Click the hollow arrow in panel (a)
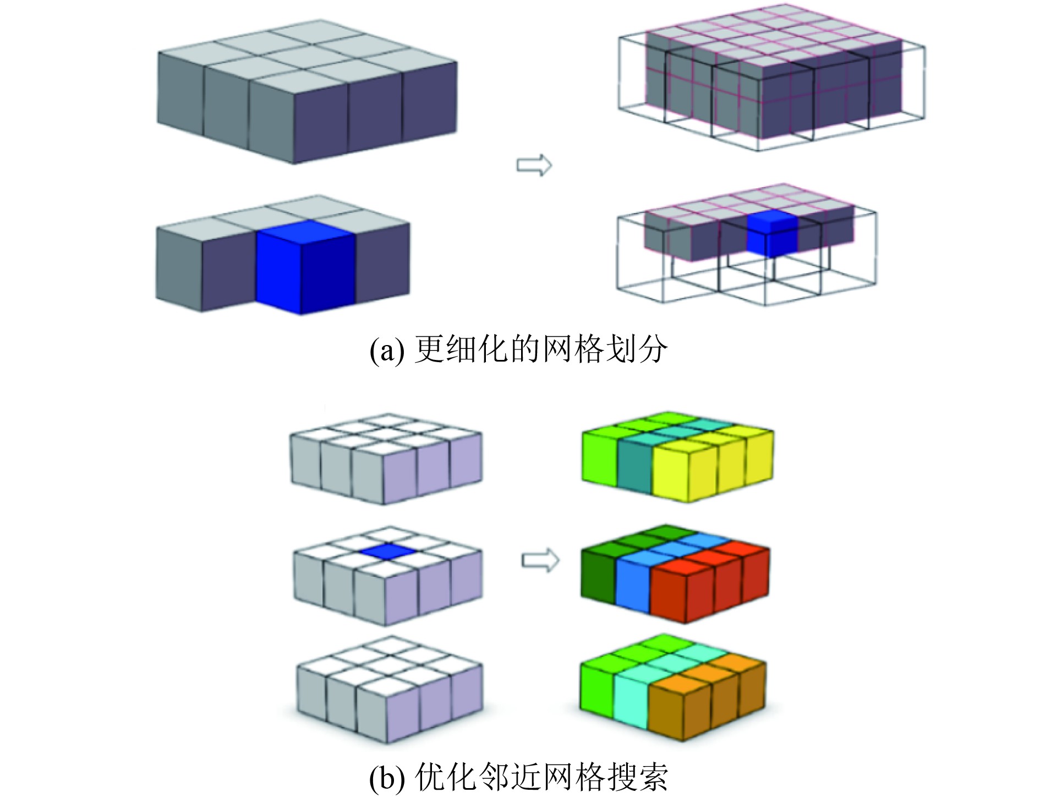pyautogui.click(x=534, y=165)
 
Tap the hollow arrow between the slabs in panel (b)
pyautogui.click(x=540, y=561)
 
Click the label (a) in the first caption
pyautogui.click(x=387, y=350)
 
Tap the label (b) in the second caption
pyautogui.click(x=387, y=777)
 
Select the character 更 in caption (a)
pyautogui.click(x=429, y=349)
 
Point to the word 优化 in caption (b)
pyautogui.click(x=446, y=777)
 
